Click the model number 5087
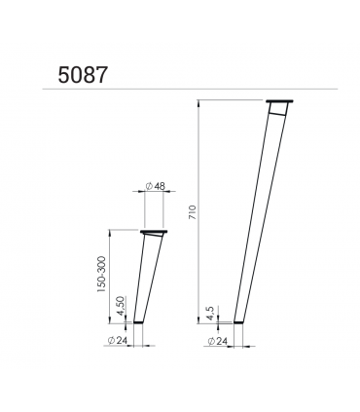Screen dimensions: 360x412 [83, 75]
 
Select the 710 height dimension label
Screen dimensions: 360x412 [193, 212]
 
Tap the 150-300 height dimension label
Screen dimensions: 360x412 [101, 274]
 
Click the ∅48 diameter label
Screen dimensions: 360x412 [156, 186]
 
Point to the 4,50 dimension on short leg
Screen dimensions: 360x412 [121, 306]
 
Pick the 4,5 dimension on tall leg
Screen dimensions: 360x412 [211, 313]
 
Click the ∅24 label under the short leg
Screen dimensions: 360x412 [117, 341]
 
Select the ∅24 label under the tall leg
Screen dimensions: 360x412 [217, 341]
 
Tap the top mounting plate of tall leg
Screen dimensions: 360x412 [279, 101]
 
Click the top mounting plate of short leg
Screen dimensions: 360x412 [154, 232]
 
